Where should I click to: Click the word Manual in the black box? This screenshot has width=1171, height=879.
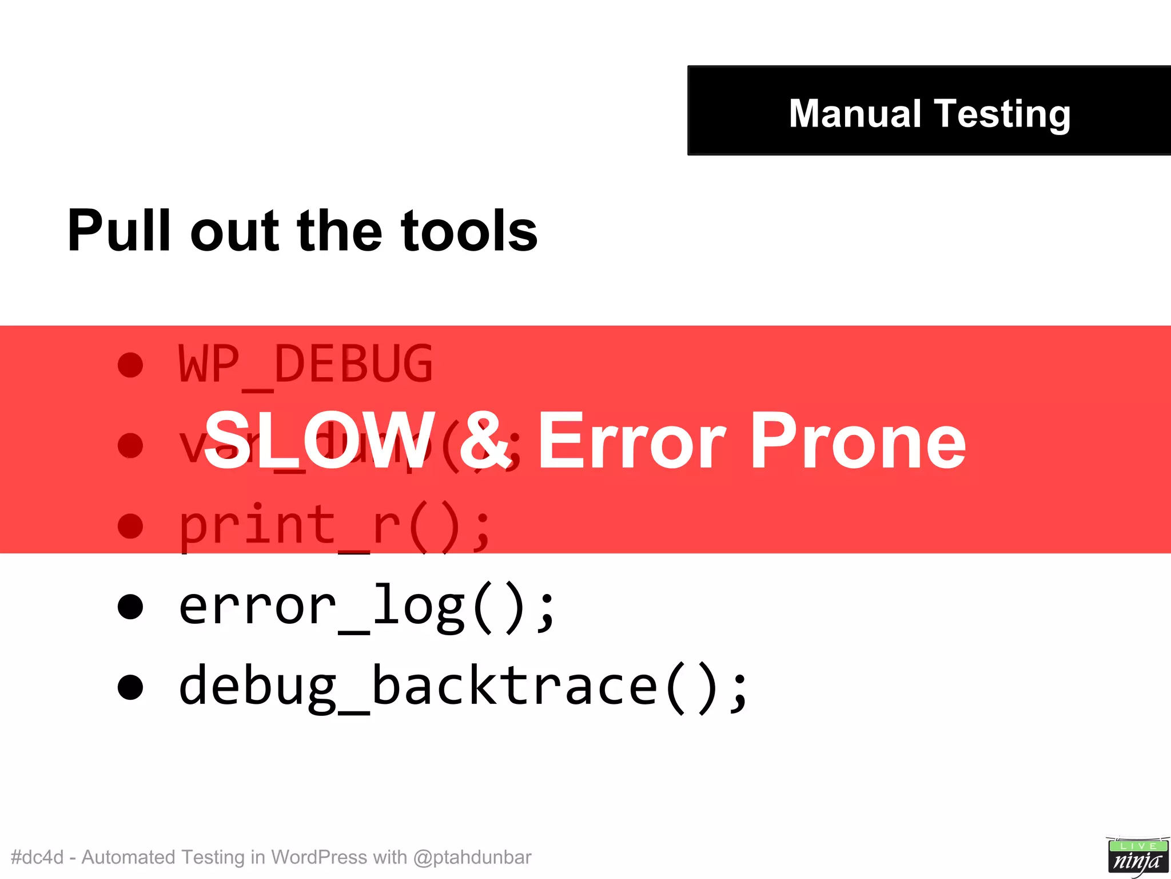pos(854,113)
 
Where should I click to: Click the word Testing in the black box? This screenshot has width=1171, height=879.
pos(1002,114)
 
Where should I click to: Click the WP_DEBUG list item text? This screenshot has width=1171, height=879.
pos(305,365)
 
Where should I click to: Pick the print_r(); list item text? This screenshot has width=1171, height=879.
pos(334,526)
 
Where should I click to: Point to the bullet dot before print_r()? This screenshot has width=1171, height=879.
pos(130,526)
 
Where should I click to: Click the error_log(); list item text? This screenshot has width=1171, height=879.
pos(366,607)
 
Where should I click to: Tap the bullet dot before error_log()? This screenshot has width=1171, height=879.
pos(130,607)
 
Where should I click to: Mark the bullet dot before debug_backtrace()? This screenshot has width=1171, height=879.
pos(130,687)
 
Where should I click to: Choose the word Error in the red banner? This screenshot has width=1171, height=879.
pos(632,441)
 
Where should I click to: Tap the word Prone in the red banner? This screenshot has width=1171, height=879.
pos(858,441)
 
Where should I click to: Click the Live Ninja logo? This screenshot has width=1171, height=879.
pos(1137,856)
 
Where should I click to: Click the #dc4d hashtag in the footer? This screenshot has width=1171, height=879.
pos(37,857)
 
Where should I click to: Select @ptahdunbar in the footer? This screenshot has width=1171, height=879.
pos(472,857)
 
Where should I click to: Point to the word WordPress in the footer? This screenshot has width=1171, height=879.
pos(318,857)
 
